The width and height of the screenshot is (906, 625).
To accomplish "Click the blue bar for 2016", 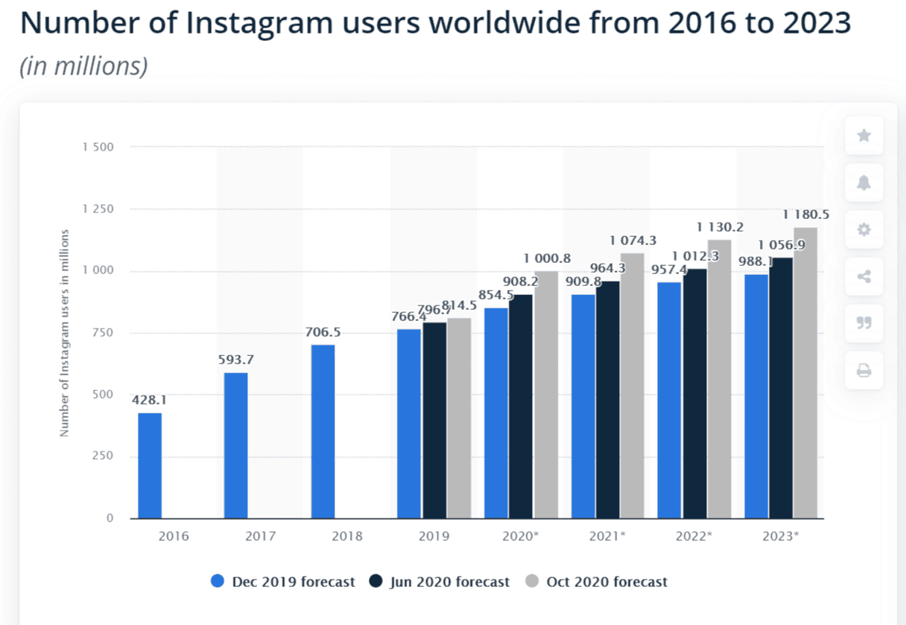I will pos(150,466).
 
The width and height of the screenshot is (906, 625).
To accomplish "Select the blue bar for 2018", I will pos(323,431).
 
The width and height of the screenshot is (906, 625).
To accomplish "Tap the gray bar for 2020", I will pos(546,395).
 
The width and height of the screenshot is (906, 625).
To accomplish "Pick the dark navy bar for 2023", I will pos(781,387).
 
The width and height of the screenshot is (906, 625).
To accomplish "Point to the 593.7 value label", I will pos(236,360).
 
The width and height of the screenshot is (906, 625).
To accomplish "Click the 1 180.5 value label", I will pos(806,215).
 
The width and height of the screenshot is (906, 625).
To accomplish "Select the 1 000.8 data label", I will pos(547,258).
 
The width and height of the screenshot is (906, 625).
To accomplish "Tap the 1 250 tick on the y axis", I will pos(98,209).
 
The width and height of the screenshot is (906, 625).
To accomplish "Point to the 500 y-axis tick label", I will pos(104,395).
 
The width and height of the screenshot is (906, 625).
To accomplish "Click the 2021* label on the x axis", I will pos(607,536).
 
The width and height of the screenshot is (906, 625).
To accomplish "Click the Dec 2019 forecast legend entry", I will pos(283,582).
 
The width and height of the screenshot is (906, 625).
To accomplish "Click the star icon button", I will pos(864,136).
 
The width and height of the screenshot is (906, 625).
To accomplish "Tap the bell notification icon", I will pos(864,183).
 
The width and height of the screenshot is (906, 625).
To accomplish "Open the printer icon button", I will pos(864,370).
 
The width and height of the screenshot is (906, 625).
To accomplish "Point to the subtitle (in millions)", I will pos(83,66).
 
